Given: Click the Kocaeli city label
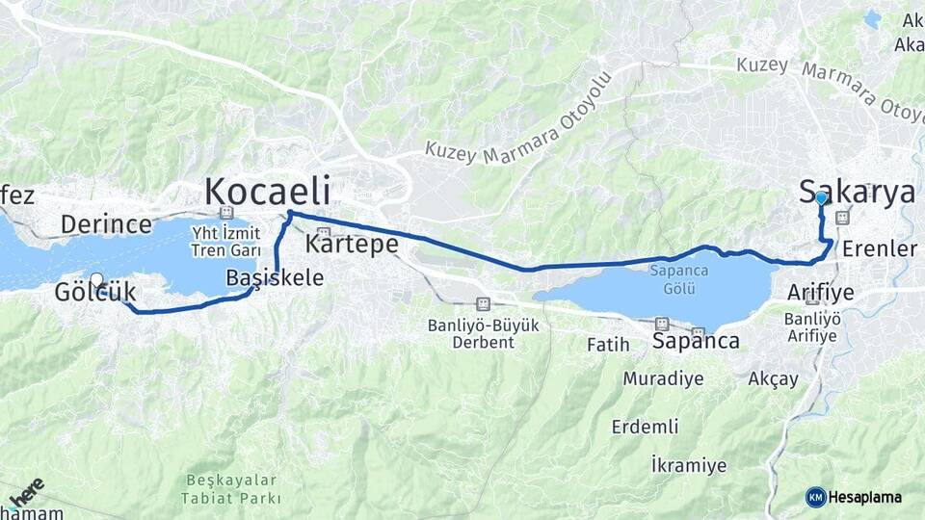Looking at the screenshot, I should pyautogui.click(x=267, y=191).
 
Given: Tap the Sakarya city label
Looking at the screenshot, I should pyautogui.click(x=858, y=192).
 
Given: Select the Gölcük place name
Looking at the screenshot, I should pyautogui.click(x=95, y=291).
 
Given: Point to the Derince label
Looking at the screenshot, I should pyautogui.click(x=106, y=224).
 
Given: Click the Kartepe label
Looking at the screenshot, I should pyautogui.click(x=352, y=245).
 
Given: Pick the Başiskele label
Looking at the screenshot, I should pyautogui.click(x=275, y=277).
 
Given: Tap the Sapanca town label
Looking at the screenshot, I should pyautogui.click(x=696, y=341).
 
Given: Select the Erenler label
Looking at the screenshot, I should pyautogui.click(x=880, y=249).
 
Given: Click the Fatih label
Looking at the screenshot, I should pyautogui.click(x=608, y=344).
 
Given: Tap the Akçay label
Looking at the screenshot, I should pyautogui.click(x=773, y=378).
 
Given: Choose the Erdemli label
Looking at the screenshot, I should pyautogui.click(x=645, y=426).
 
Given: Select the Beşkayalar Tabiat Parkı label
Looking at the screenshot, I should pyautogui.click(x=231, y=489).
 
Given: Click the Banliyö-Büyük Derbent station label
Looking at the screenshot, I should pyautogui.click(x=483, y=333).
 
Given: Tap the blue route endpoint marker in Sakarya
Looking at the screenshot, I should pyautogui.click(x=820, y=197).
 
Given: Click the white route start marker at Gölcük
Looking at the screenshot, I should pyautogui.click(x=96, y=279).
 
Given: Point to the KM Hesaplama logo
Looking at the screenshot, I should pyautogui.click(x=854, y=497).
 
